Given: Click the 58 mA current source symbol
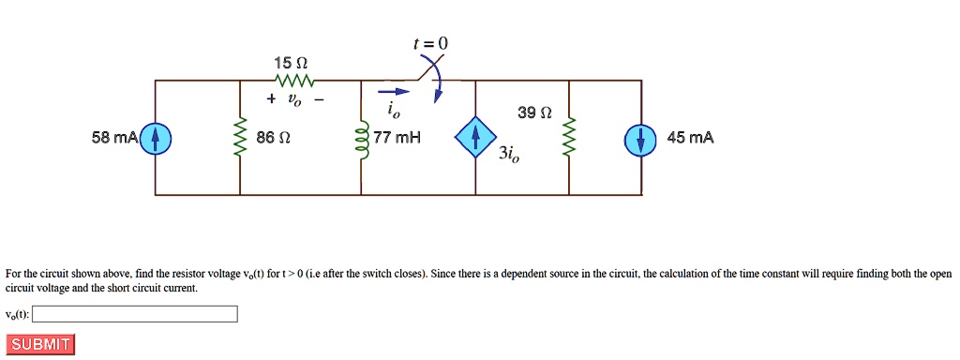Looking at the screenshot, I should click(156, 139).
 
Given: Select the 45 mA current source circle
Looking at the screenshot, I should click(640, 139).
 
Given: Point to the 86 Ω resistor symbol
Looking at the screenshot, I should click(240, 139).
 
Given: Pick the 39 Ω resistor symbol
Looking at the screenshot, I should click(569, 139).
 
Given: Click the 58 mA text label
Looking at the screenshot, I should click(114, 139).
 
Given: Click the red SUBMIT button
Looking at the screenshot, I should click(39, 344).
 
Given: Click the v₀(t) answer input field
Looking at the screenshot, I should click(135, 314).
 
